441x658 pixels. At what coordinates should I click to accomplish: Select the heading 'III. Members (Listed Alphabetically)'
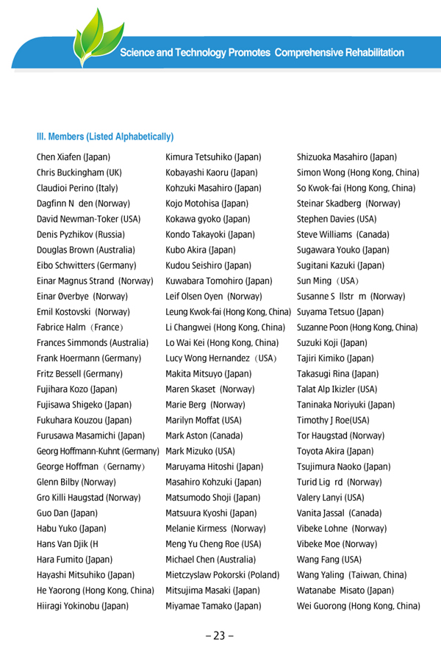(x=105, y=137)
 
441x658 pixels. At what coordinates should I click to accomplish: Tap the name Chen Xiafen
(x=73, y=157)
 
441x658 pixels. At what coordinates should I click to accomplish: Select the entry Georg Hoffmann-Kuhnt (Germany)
(x=98, y=450)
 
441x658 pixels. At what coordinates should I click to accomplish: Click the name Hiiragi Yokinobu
(x=83, y=607)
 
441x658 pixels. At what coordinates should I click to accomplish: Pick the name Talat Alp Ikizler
(x=337, y=388)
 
